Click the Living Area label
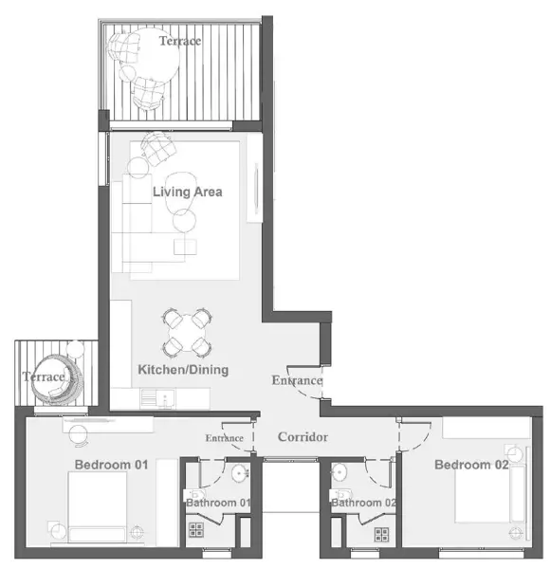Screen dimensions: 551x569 187,192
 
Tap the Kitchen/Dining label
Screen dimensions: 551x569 183,370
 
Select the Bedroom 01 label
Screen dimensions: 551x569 112,465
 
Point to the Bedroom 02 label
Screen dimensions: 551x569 471,465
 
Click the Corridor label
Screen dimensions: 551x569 303,437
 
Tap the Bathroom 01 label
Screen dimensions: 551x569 218,503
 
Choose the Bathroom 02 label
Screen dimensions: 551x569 363,503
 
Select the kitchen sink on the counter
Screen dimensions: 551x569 166,398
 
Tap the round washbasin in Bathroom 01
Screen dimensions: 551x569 240,473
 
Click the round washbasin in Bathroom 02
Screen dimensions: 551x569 339,472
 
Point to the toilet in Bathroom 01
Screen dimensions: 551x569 194,494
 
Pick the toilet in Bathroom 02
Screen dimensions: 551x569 340,494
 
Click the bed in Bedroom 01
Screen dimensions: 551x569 98,507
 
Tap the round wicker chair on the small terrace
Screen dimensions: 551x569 57,379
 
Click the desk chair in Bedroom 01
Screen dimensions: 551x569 78,434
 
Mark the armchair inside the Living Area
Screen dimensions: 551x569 158,148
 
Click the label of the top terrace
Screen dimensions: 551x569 180,41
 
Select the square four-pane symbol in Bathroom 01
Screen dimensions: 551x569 196,529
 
